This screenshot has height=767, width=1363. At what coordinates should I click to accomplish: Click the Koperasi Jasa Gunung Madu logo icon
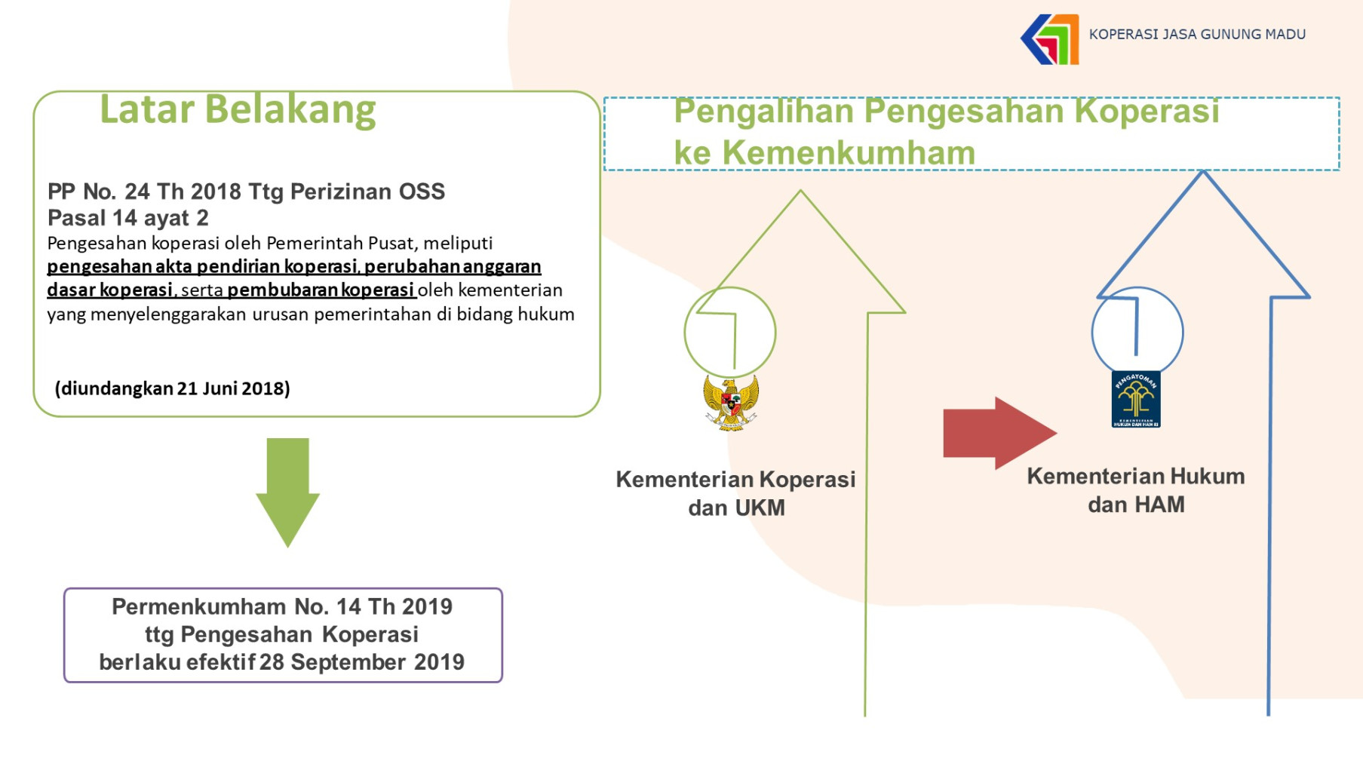click(1050, 39)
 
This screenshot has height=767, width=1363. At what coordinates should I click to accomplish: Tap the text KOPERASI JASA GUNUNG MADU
click(1197, 35)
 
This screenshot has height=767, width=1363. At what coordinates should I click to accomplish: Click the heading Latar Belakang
click(238, 109)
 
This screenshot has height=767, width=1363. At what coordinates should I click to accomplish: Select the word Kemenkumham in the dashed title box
click(849, 153)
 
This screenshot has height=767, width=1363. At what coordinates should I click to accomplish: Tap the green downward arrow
click(287, 492)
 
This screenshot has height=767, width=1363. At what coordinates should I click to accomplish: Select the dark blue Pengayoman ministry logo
click(1136, 399)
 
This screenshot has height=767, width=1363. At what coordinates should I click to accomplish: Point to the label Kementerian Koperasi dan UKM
click(736, 493)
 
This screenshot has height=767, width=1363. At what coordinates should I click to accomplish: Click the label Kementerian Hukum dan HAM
click(1136, 490)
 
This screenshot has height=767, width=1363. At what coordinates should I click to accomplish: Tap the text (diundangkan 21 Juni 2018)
click(173, 388)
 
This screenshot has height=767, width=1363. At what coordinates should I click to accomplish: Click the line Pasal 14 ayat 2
click(128, 218)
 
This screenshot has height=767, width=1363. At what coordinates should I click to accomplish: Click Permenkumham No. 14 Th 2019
click(282, 606)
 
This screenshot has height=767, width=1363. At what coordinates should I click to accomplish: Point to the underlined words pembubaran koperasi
click(321, 290)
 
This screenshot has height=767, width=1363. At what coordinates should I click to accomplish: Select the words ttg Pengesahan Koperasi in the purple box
click(282, 634)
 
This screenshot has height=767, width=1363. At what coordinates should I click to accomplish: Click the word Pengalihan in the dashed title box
click(763, 112)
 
